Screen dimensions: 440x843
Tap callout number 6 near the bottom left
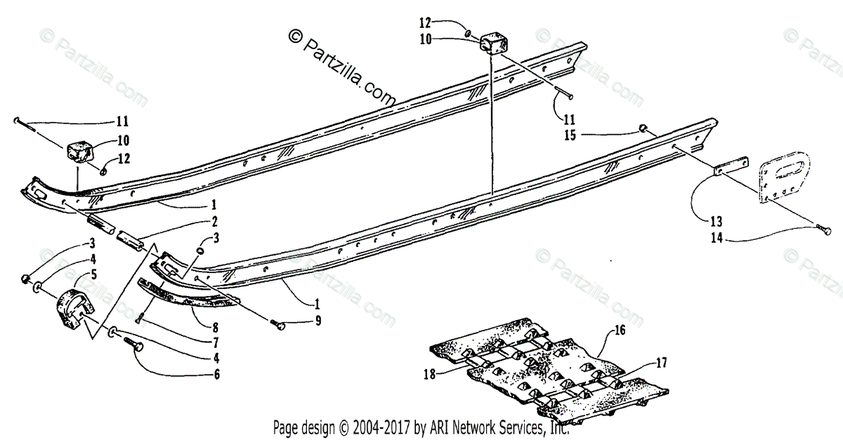coord(216,375)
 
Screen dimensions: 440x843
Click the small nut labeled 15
coord(642,127)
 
